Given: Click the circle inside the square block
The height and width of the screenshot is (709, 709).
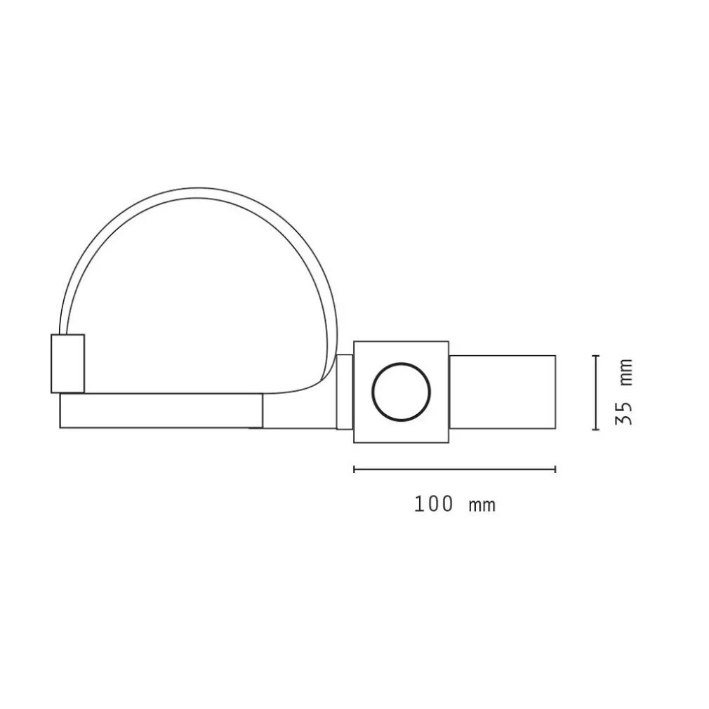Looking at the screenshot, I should (400, 392).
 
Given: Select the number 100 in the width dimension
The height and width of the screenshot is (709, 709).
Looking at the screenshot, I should (433, 504).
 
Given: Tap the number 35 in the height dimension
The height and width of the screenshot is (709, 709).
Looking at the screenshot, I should (624, 412).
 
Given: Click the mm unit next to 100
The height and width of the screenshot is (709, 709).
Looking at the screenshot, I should (482, 504).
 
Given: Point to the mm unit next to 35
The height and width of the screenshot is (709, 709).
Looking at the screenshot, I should (624, 372).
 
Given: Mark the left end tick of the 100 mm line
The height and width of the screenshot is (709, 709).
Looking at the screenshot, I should (354, 469).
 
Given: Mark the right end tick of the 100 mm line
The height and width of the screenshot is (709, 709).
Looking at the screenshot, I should (555, 469).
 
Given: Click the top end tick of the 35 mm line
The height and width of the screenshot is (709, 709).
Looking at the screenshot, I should (595, 357).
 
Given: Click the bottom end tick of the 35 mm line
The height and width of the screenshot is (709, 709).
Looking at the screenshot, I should (595, 429).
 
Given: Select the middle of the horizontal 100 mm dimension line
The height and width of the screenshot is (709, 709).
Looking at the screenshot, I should (455, 469).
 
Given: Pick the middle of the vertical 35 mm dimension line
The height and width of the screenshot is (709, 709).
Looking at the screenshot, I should (595, 393).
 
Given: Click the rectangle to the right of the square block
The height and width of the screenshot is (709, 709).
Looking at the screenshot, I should (502, 392).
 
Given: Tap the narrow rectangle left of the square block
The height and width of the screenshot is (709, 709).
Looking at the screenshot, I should (344, 392).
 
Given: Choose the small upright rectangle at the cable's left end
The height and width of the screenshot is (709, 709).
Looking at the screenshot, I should (67, 363).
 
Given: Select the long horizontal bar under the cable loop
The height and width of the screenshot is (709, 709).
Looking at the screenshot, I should (161, 411).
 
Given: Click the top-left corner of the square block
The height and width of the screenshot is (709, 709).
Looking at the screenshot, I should (354, 342).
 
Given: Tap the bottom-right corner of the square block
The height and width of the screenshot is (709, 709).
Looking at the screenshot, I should (448, 442).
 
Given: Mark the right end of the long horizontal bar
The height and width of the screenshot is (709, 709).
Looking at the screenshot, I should (262, 411).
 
